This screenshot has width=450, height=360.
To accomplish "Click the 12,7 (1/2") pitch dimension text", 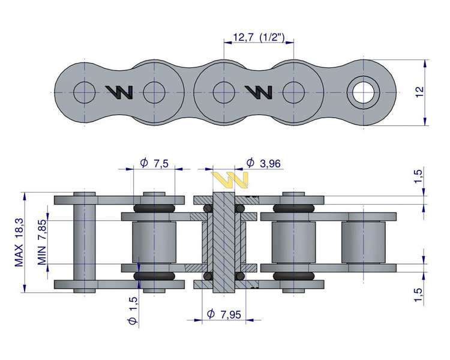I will (x=259, y=38).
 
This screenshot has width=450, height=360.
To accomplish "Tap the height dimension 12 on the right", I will (x=419, y=92).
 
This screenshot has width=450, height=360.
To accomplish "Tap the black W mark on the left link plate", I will (x=119, y=91).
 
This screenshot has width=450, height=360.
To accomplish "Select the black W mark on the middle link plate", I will (x=259, y=91).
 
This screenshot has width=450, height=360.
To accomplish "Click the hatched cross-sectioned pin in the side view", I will (x=223, y=243).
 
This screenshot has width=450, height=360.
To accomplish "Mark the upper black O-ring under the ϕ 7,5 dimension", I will (x=154, y=208).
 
